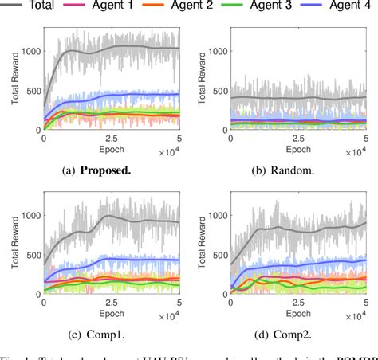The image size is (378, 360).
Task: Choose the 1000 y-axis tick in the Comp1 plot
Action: (30, 215)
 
